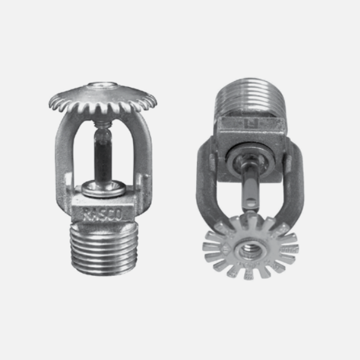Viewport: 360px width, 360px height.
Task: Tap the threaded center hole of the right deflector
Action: (x=249, y=247)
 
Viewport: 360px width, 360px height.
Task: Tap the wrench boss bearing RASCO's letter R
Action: (x=88, y=212)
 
